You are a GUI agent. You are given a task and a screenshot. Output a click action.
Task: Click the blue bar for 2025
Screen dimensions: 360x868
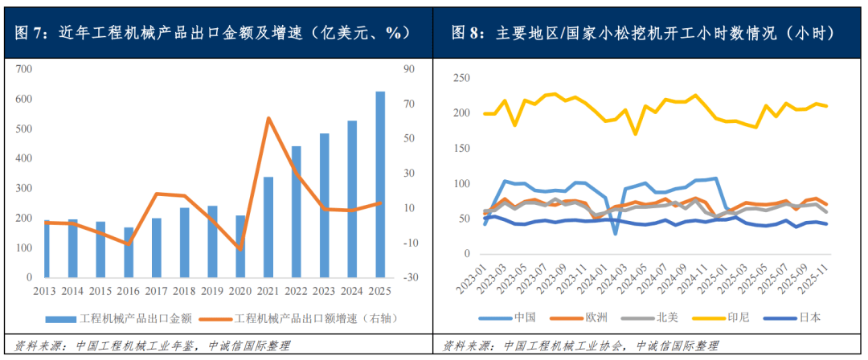(x=380, y=185)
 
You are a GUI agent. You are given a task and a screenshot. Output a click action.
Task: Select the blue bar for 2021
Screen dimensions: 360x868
(x=268, y=227)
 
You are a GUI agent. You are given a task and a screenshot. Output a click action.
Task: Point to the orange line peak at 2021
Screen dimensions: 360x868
(x=268, y=118)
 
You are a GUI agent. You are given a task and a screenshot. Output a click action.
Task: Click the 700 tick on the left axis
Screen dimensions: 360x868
(x=23, y=69)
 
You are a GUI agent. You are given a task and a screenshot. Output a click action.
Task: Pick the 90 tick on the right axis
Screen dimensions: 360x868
(x=408, y=69)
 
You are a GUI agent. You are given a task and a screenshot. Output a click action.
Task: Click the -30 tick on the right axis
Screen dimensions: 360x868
(x=408, y=277)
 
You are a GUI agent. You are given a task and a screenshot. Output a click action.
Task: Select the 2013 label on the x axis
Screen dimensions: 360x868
(x=45, y=289)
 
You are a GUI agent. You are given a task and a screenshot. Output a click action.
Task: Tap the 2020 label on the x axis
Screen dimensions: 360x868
(x=240, y=289)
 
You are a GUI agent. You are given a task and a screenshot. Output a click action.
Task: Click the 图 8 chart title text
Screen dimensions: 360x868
(x=642, y=33)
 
